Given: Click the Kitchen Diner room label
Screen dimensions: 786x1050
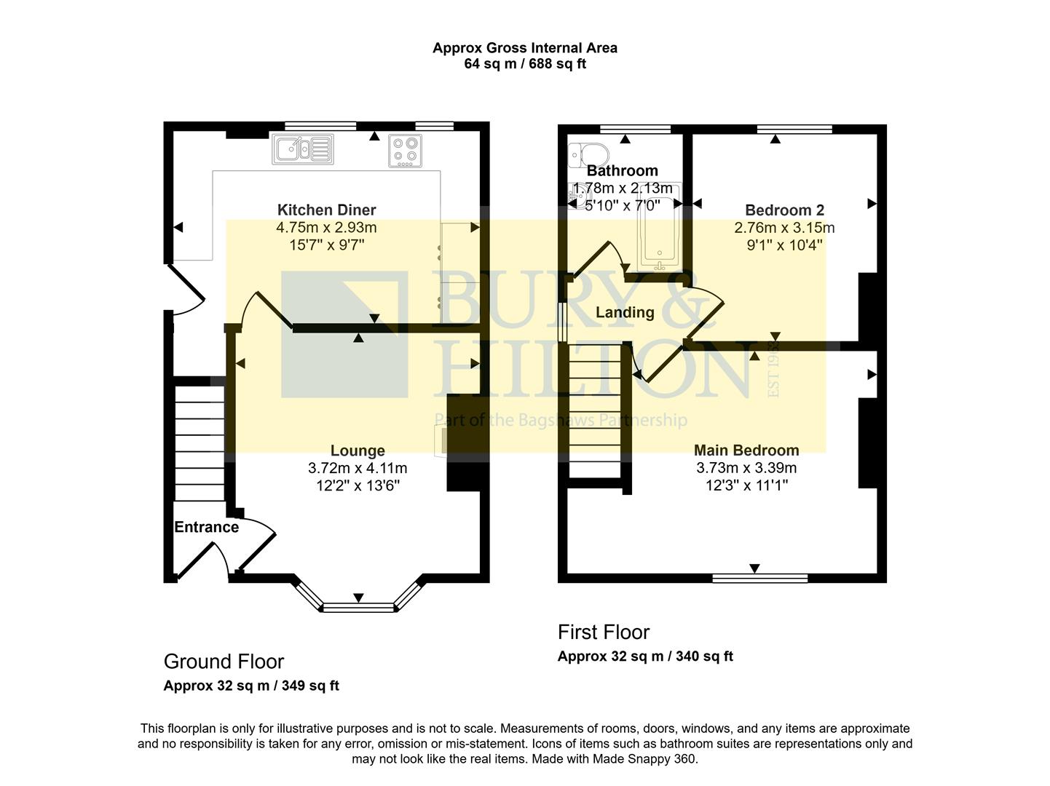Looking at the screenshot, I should click(326, 210).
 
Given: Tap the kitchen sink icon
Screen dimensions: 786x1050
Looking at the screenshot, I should click(302, 149).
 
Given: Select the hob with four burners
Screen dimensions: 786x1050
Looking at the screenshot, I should click(406, 151).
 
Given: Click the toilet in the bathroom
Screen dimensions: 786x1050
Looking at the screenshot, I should click(589, 154).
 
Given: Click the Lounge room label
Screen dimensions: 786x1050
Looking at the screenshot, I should click(358, 450).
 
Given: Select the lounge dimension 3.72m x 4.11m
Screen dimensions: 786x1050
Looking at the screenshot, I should click(358, 468).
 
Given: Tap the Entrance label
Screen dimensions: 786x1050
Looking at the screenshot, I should click(206, 528).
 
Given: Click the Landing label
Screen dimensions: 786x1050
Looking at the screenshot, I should click(625, 313).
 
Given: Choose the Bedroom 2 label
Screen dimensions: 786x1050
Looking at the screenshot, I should click(784, 210).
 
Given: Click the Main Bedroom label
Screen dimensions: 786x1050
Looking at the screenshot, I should click(746, 450).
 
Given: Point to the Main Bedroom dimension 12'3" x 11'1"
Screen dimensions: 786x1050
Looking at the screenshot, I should click(746, 485).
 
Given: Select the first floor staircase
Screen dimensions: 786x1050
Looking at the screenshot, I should click(594, 411).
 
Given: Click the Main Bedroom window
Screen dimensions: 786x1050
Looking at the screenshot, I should click(759, 579).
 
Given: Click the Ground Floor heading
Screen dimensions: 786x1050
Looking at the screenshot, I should click(224, 662).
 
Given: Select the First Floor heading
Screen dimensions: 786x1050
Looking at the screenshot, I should click(604, 632).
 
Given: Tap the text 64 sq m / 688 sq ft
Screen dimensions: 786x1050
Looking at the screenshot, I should click(525, 64).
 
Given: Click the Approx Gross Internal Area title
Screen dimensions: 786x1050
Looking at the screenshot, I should click(525, 48).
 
